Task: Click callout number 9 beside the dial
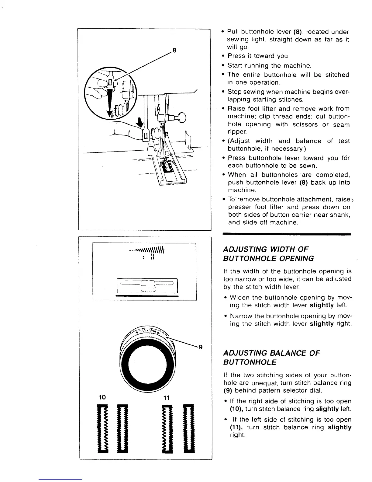(200, 347)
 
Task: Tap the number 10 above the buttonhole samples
(102, 397)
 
